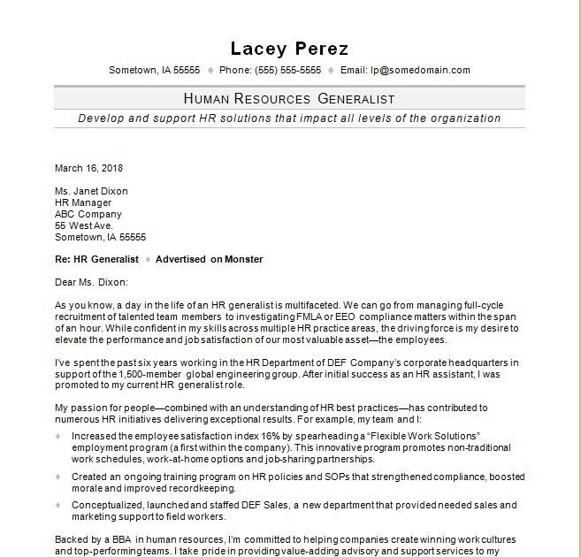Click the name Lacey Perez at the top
click(x=289, y=49)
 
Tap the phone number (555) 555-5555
click(x=282, y=70)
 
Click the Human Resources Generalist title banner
click(x=289, y=98)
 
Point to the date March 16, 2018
click(x=88, y=168)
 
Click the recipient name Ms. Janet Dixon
click(x=91, y=191)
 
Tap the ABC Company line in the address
click(x=88, y=214)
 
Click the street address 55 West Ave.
click(x=83, y=225)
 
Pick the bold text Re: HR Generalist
click(x=97, y=259)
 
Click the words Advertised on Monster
click(x=210, y=259)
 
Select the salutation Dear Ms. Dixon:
click(x=91, y=282)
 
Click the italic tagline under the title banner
click(x=289, y=118)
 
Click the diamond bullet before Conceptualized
click(x=58, y=505)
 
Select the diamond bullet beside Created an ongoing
click(x=58, y=477)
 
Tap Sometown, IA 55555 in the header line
click(x=154, y=70)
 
